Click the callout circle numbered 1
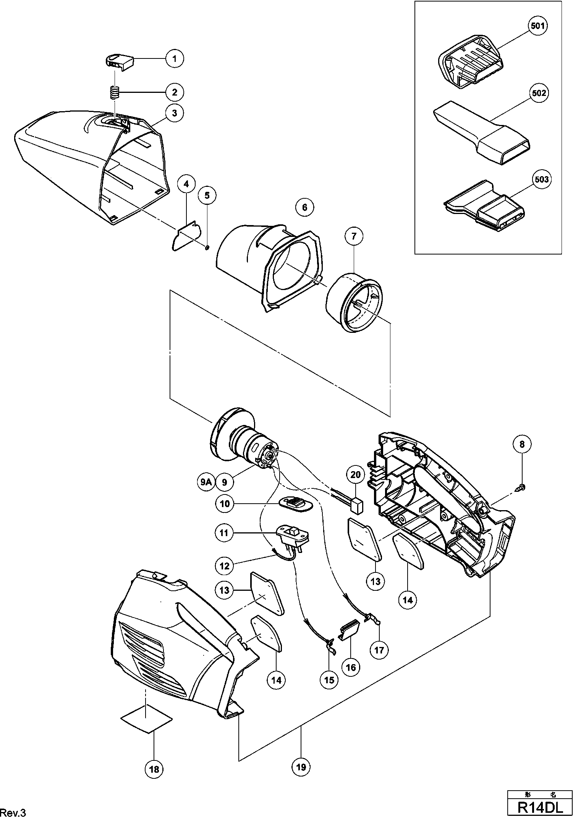click(x=175, y=58)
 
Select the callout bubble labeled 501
click(x=538, y=26)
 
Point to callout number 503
click(x=541, y=179)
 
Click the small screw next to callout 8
click(x=522, y=487)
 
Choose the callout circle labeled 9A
click(x=206, y=482)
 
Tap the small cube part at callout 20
click(x=357, y=506)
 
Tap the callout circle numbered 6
click(x=304, y=207)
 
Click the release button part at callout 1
click(x=120, y=61)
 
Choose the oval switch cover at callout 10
click(x=295, y=503)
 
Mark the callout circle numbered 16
click(x=351, y=667)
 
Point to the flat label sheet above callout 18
click(x=146, y=719)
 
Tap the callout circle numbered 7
click(x=354, y=237)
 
